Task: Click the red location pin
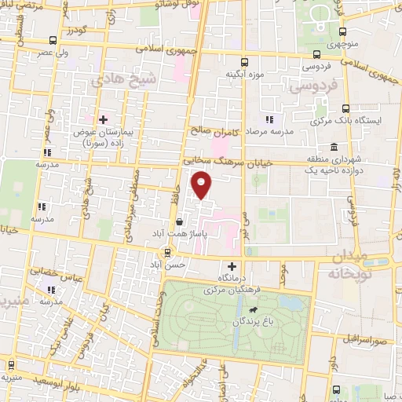pyautogui.click(x=203, y=187)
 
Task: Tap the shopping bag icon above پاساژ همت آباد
pyautogui.click(x=180, y=222)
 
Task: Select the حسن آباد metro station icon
pyautogui.click(x=166, y=253)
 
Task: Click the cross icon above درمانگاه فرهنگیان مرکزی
pyautogui.click(x=232, y=266)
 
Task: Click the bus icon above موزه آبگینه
pyautogui.click(x=244, y=61)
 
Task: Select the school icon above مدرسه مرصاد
pyautogui.click(x=269, y=119)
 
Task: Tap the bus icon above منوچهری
pyautogui.click(x=342, y=31)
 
